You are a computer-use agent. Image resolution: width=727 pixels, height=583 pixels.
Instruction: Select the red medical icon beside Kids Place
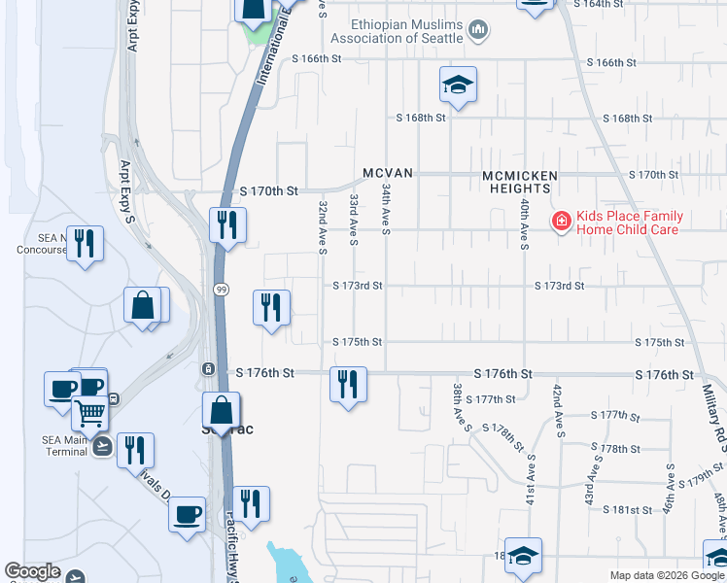point(561,223)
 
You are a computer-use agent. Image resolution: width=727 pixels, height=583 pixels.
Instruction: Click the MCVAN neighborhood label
point(389,173)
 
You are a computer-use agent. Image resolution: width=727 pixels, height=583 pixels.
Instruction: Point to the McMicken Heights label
point(521,182)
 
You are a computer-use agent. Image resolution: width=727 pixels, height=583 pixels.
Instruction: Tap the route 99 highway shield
point(222,291)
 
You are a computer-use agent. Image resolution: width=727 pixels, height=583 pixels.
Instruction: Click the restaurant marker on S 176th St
point(348,385)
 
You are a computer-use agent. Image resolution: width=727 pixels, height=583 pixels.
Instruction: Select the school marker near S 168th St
point(458,85)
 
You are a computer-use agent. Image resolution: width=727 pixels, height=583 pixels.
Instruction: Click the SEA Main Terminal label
point(65,445)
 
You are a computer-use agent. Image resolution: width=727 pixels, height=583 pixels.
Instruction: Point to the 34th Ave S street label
point(386,209)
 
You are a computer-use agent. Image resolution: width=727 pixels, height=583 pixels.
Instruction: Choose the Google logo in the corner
point(33,572)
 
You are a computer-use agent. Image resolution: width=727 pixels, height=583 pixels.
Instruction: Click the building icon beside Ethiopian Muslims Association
point(477,31)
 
